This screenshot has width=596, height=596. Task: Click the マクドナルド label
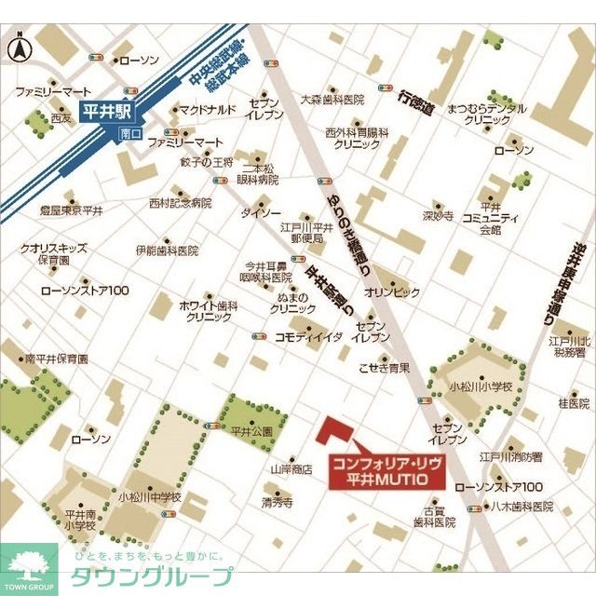(x=207, y=110)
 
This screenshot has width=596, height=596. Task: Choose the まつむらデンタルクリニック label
(x=481, y=115)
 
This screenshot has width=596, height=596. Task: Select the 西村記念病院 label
(x=181, y=202)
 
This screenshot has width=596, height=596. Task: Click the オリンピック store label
(x=392, y=291)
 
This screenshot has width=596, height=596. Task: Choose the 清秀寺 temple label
(x=277, y=502)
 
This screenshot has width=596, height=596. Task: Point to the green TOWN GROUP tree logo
(x=29, y=566)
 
